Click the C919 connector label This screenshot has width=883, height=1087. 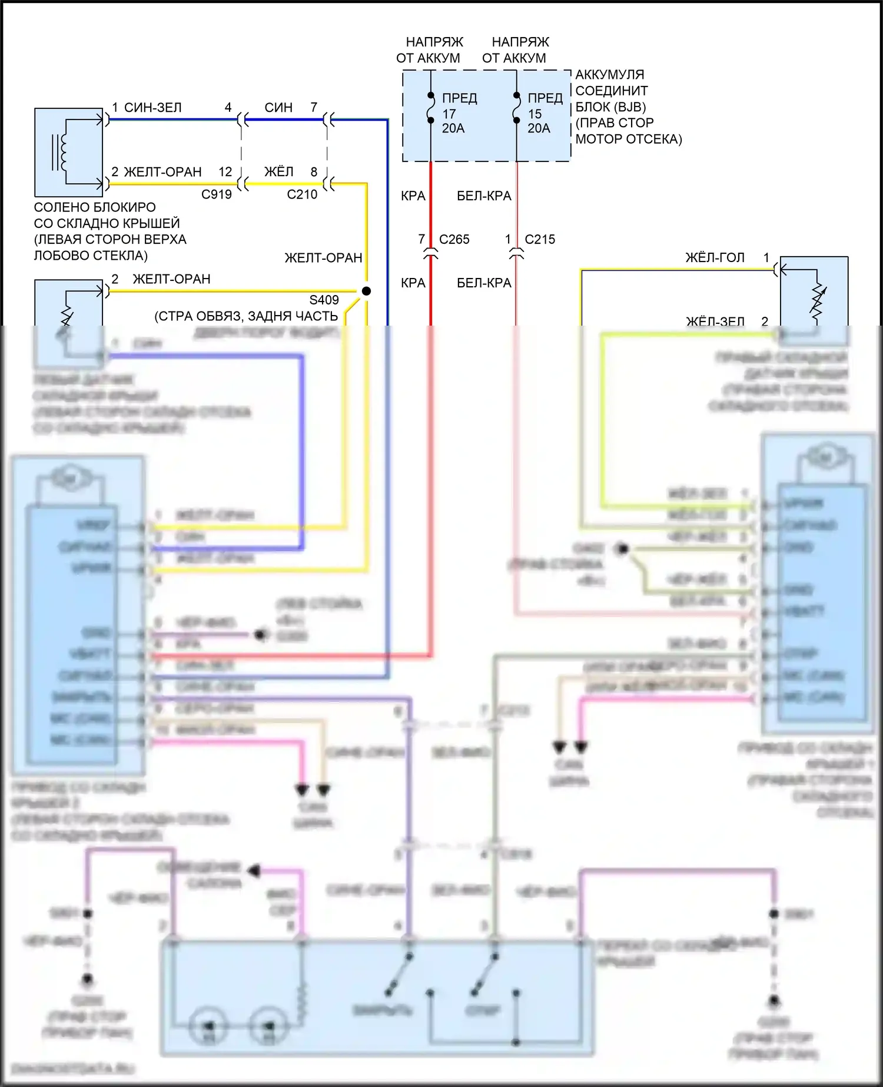(x=217, y=194)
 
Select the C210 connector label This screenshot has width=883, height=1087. (x=302, y=194)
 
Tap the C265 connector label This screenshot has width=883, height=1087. (x=454, y=240)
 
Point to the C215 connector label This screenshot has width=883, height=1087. (x=540, y=240)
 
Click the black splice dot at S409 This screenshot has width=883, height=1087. (x=366, y=291)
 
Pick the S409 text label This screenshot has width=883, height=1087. (x=324, y=300)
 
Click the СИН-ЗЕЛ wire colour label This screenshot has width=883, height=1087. (x=153, y=108)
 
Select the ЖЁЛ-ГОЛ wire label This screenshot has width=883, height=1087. (x=715, y=258)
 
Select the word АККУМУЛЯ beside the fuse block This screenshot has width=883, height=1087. (x=609, y=75)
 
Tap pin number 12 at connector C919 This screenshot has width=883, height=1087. (x=225, y=172)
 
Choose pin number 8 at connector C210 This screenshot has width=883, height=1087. (x=314, y=172)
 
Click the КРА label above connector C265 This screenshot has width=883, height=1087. (x=413, y=196)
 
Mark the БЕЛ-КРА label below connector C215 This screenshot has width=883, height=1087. (x=484, y=283)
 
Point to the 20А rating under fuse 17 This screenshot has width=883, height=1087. (x=453, y=128)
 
